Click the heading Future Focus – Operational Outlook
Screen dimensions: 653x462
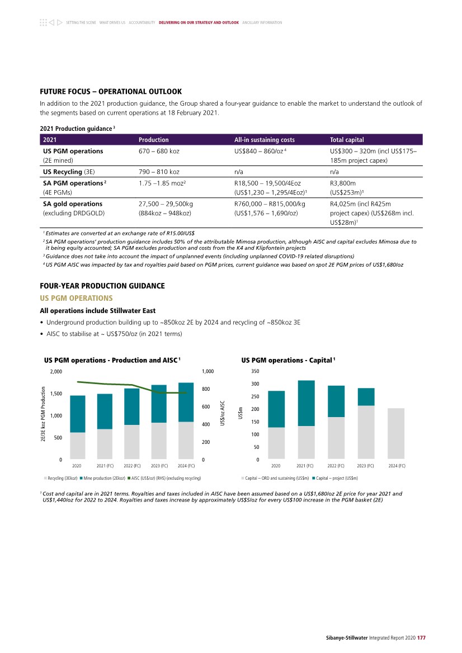pyautogui.click(x=111, y=91)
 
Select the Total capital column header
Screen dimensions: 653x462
pyautogui.click(x=347, y=140)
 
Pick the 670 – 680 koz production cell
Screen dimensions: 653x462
pyautogui.click(x=159, y=151)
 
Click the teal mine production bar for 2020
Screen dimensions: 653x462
pyautogui.click(x=78, y=414)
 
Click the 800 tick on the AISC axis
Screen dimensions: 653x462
pyautogui.click(x=207, y=389)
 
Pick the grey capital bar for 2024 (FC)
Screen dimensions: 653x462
pyautogui.click(x=395, y=434)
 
